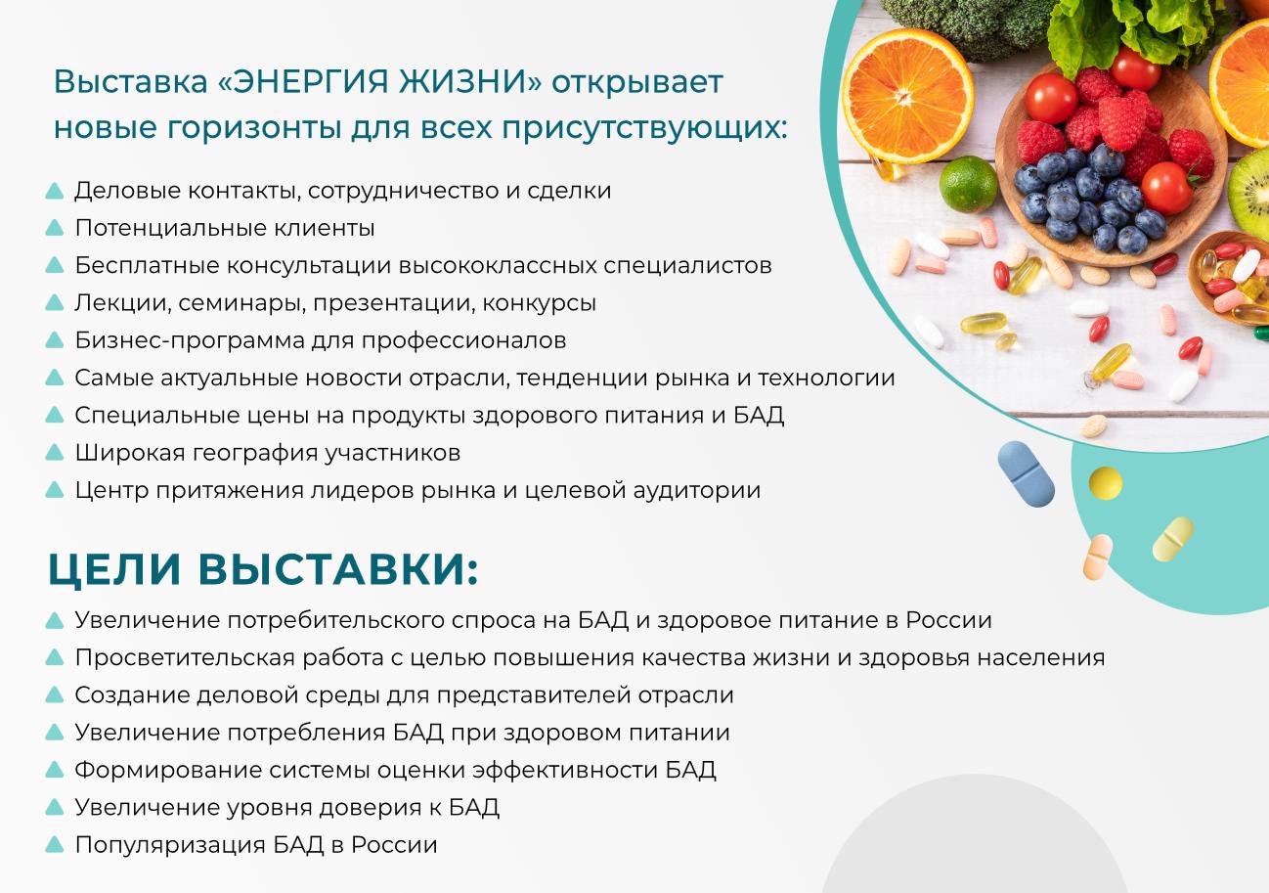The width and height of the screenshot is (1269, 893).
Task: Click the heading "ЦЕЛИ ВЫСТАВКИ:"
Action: tap(263, 569)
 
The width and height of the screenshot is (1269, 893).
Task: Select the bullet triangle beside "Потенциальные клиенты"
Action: tap(55, 228)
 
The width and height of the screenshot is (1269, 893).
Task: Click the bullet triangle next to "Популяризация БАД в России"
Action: tap(55, 844)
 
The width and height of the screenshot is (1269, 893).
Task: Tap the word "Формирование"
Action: tap(168, 771)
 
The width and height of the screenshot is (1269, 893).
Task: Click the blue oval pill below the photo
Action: tap(1026, 473)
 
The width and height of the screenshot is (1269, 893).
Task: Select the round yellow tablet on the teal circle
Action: tap(1106, 483)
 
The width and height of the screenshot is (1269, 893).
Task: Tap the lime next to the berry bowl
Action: tap(968, 184)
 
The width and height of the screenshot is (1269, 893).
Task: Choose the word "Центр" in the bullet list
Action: tap(111, 491)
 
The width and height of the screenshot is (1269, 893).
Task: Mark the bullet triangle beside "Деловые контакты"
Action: tap(55, 191)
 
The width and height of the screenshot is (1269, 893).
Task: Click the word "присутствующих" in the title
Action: tap(644, 128)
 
